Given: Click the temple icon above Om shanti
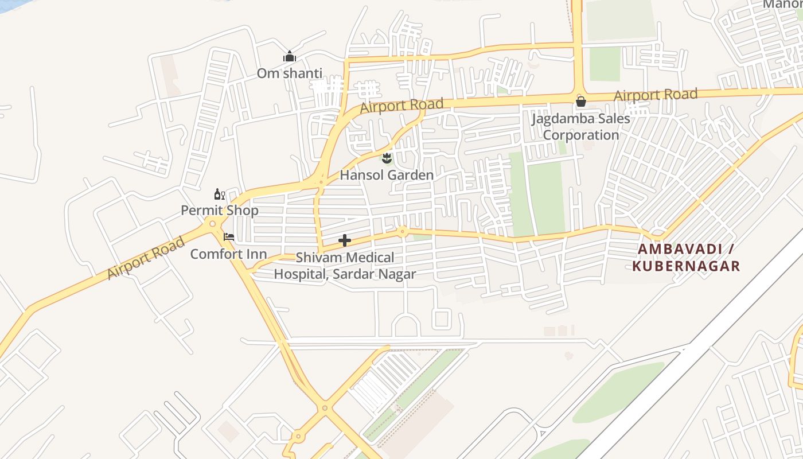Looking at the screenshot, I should (x=290, y=57).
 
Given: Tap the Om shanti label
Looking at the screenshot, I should (x=289, y=73).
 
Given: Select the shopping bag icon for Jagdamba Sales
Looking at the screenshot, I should (x=580, y=102).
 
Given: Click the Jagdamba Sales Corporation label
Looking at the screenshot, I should (x=580, y=127).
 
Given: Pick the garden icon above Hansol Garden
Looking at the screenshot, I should (x=387, y=157).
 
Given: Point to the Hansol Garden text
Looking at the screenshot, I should (x=387, y=175).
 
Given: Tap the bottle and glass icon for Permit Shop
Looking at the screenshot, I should (x=220, y=195).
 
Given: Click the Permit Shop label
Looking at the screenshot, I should (x=220, y=211).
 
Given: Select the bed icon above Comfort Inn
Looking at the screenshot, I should (x=229, y=236).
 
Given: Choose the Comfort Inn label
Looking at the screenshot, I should (x=228, y=254).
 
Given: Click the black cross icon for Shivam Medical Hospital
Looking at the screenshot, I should (x=344, y=240).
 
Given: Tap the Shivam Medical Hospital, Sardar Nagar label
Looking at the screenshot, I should (x=345, y=266).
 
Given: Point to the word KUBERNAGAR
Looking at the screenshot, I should (x=686, y=266).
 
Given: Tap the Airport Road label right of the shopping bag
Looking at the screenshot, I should (x=655, y=95).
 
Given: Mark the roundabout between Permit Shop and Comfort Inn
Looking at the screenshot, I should (x=213, y=224).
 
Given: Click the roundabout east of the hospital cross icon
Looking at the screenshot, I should (x=403, y=231).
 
